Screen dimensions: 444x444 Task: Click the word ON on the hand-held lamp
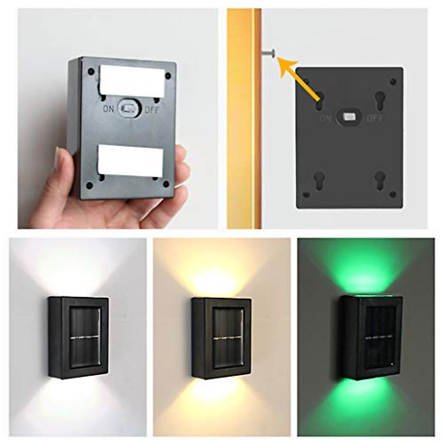click(109, 109)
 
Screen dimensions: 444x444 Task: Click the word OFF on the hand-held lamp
click(152, 110)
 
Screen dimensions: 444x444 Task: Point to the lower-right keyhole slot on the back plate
click(380, 180)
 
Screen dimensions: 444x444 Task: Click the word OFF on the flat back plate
click(374, 118)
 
